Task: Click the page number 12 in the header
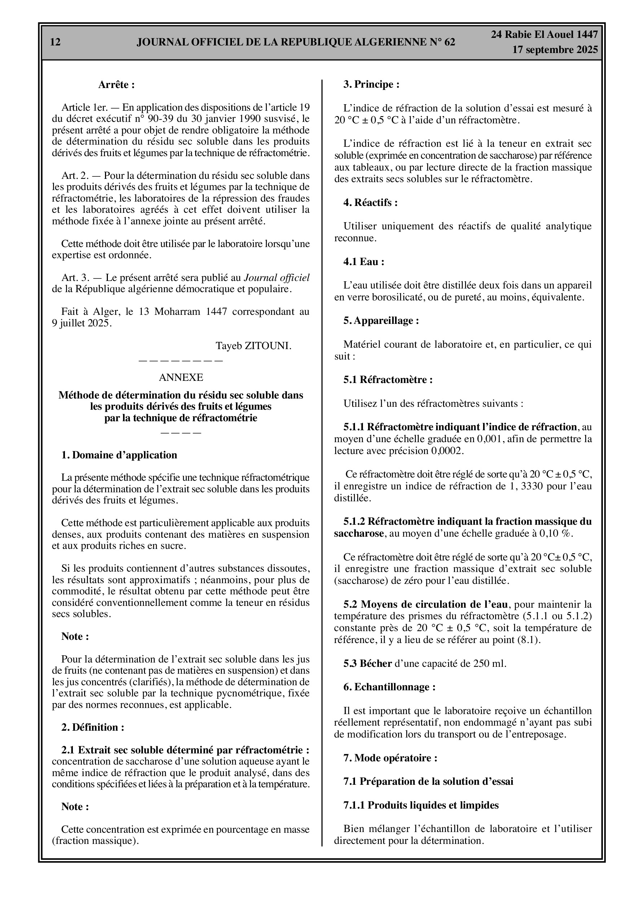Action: [56, 42]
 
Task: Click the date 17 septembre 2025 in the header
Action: [555, 50]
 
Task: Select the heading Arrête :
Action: [116, 85]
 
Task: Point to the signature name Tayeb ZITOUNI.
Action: [253, 346]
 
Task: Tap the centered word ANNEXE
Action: [181, 377]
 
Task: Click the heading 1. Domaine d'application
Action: [119, 455]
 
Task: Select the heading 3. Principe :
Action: [371, 84]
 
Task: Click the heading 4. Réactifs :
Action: [371, 203]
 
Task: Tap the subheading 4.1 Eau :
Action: [364, 262]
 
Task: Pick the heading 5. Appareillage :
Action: [381, 321]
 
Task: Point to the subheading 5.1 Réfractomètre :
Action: [388, 380]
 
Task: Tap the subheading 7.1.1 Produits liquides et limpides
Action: [421, 805]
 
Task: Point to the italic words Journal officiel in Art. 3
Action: [276, 278]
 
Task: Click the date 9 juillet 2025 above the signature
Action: [81, 324]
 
